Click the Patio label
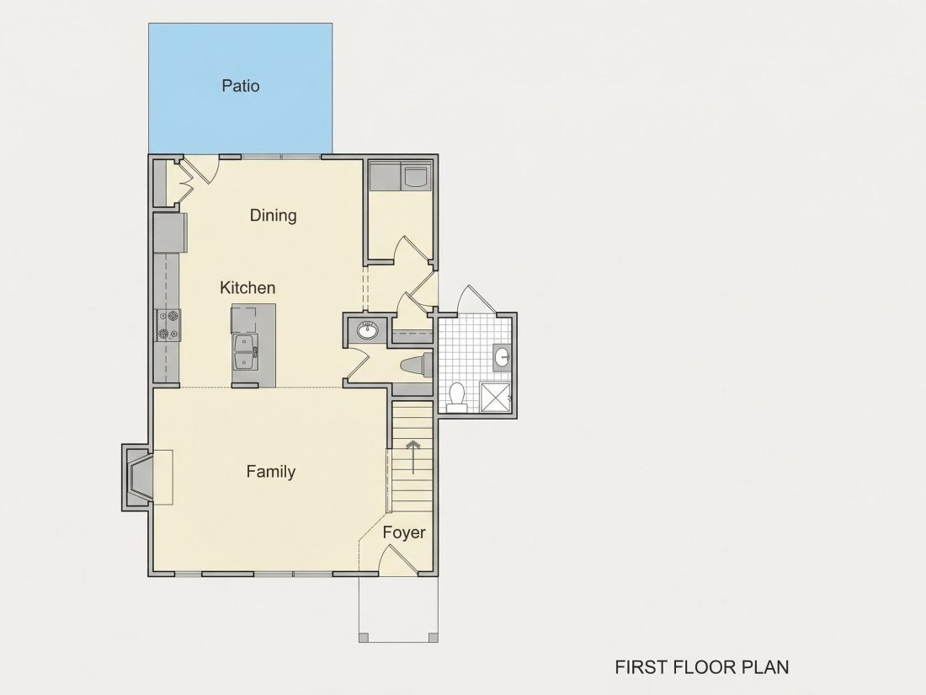241,86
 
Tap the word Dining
273,215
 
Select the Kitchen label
247,288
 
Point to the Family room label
270,472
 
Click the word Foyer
404,532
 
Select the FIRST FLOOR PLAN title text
701,667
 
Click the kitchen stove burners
168,325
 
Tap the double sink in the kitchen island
246,351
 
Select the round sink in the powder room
368,329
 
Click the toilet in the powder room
417,366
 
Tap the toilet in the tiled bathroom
456,397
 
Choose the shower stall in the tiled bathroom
495,397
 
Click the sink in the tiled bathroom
503,357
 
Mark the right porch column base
433,637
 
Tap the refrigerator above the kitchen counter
171,233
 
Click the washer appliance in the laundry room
417,176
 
